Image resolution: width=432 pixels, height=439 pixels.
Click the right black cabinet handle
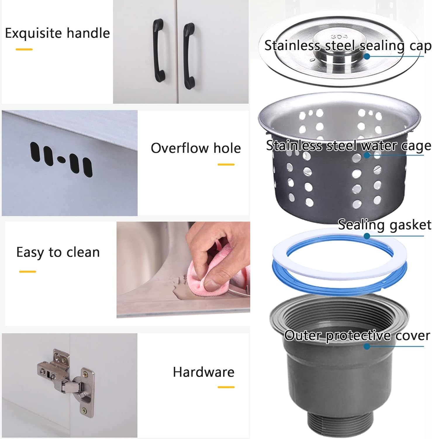coord(189,56)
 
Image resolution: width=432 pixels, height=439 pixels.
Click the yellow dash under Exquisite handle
coord(24,49)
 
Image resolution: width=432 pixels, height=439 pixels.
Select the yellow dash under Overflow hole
coord(226,164)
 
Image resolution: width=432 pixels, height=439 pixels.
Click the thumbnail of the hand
coord(213,258)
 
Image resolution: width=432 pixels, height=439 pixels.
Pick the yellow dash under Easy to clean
coord(27,272)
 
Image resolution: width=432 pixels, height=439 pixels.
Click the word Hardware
coord(203,372)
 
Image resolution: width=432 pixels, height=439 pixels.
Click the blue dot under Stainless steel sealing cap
coord(367,56)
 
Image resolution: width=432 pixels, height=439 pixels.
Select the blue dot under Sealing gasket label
coord(367,236)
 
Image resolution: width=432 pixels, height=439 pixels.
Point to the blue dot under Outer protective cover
coord(367,346)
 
